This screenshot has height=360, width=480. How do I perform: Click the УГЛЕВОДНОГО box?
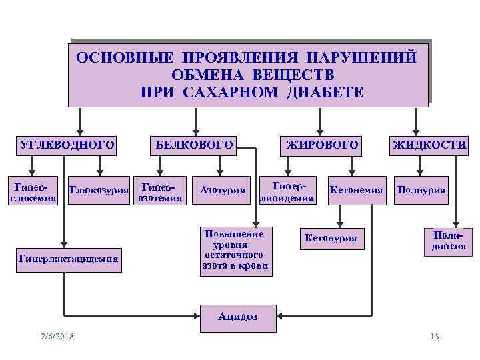(x=63, y=143)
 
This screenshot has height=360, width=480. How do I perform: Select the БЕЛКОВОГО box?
(x=194, y=143)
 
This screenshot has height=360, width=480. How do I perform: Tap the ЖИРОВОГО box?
(x=322, y=143)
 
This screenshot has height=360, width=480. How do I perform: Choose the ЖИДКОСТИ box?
(x=430, y=143)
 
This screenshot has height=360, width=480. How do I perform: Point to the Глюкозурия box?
(x=99, y=191)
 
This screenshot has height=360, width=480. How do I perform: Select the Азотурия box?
(x=223, y=191)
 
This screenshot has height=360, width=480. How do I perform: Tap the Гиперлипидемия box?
(x=287, y=191)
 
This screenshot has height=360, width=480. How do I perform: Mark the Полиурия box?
(x=421, y=191)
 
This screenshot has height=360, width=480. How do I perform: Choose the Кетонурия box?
(x=330, y=237)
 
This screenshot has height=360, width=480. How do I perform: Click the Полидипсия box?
(x=445, y=241)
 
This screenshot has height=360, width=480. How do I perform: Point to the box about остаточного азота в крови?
(x=235, y=251)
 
